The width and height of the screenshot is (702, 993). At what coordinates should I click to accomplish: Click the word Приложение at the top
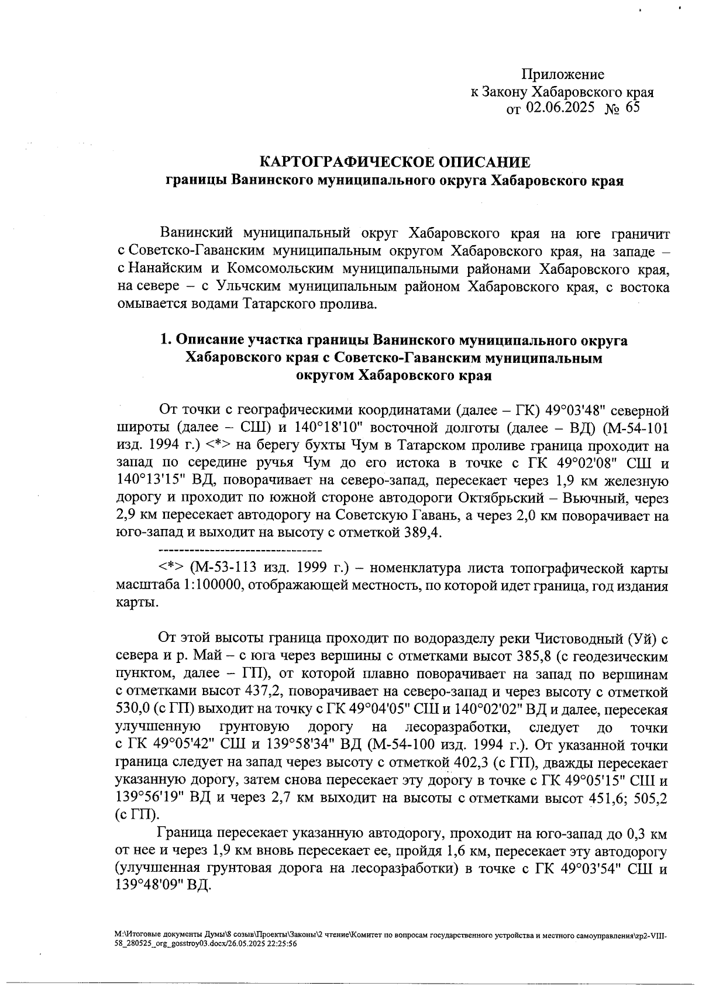[562, 74]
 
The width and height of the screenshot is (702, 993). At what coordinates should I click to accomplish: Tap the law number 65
[632, 107]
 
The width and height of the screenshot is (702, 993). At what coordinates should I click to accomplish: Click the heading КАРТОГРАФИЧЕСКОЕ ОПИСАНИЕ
[395, 162]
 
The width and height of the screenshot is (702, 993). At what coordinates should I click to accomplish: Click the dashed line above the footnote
[240, 551]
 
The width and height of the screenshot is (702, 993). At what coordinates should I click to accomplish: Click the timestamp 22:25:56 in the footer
[280, 944]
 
